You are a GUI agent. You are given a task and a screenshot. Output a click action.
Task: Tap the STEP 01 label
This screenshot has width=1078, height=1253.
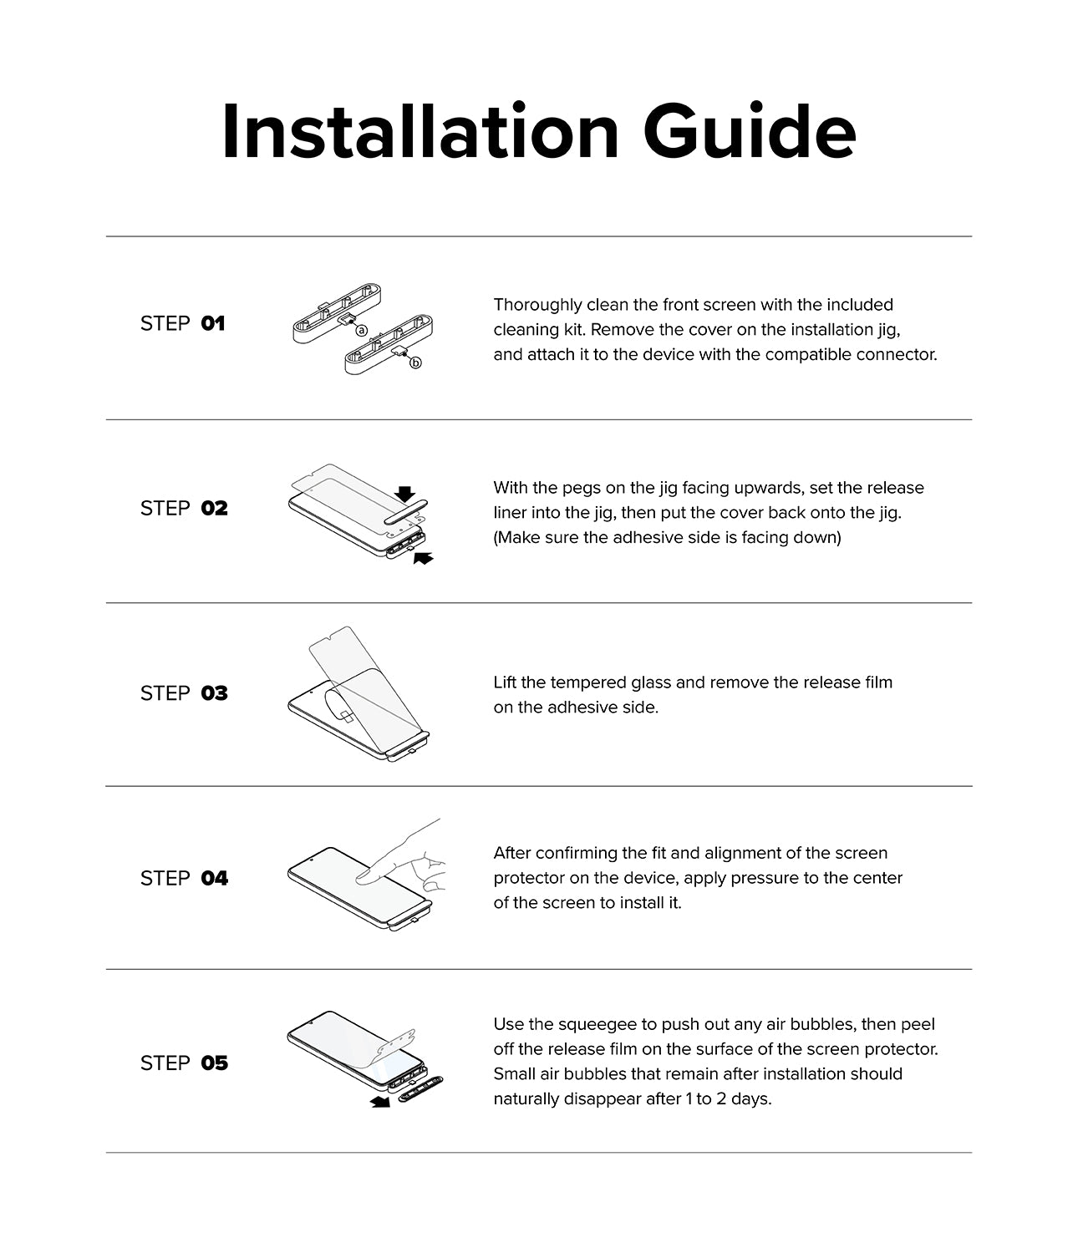coord(182,323)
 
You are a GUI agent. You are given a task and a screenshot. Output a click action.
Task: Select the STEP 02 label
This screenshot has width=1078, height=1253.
coord(183,508)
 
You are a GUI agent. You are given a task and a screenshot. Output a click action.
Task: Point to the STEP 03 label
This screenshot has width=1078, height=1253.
coord(183,693)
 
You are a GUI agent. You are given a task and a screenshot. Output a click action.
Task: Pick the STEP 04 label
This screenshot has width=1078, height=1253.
coord(183,878)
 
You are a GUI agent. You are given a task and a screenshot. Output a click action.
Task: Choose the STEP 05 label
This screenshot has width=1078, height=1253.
coord(183,1063)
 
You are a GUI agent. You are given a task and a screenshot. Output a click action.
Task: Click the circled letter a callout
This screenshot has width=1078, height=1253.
coord(362,330)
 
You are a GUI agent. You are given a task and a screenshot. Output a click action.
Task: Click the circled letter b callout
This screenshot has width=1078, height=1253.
coord(415,363)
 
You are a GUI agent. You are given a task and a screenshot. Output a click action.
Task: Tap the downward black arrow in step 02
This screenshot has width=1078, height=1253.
coord(405,494)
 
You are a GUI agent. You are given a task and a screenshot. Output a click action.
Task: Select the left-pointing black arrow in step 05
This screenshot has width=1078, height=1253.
coord(380,1103)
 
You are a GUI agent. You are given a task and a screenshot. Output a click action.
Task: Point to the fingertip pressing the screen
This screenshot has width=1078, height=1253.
coord(366,876)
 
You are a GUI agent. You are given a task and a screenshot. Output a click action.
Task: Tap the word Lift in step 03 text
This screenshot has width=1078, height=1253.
coord(504,682)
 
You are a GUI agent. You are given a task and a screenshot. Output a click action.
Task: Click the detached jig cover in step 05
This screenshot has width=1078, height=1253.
coord(420,1088)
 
